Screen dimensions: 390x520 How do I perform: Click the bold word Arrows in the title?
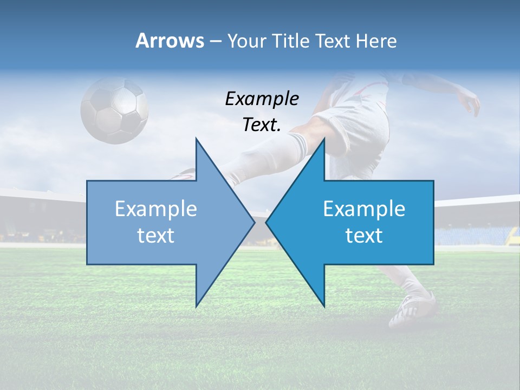point(170,41)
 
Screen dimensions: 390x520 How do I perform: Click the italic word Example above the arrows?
point(262,99)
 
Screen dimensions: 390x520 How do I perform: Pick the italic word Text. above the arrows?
point(262,125)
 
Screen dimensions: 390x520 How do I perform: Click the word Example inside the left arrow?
point(155,209)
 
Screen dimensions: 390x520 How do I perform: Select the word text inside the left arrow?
point(155,236)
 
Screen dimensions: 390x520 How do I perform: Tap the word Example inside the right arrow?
point(364,209)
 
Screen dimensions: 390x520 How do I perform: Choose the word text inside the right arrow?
point(364,236)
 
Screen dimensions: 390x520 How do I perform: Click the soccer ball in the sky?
point(114,110)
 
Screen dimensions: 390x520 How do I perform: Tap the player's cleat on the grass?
point(412,310)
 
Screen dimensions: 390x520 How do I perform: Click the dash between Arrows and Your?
point(216,41)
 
